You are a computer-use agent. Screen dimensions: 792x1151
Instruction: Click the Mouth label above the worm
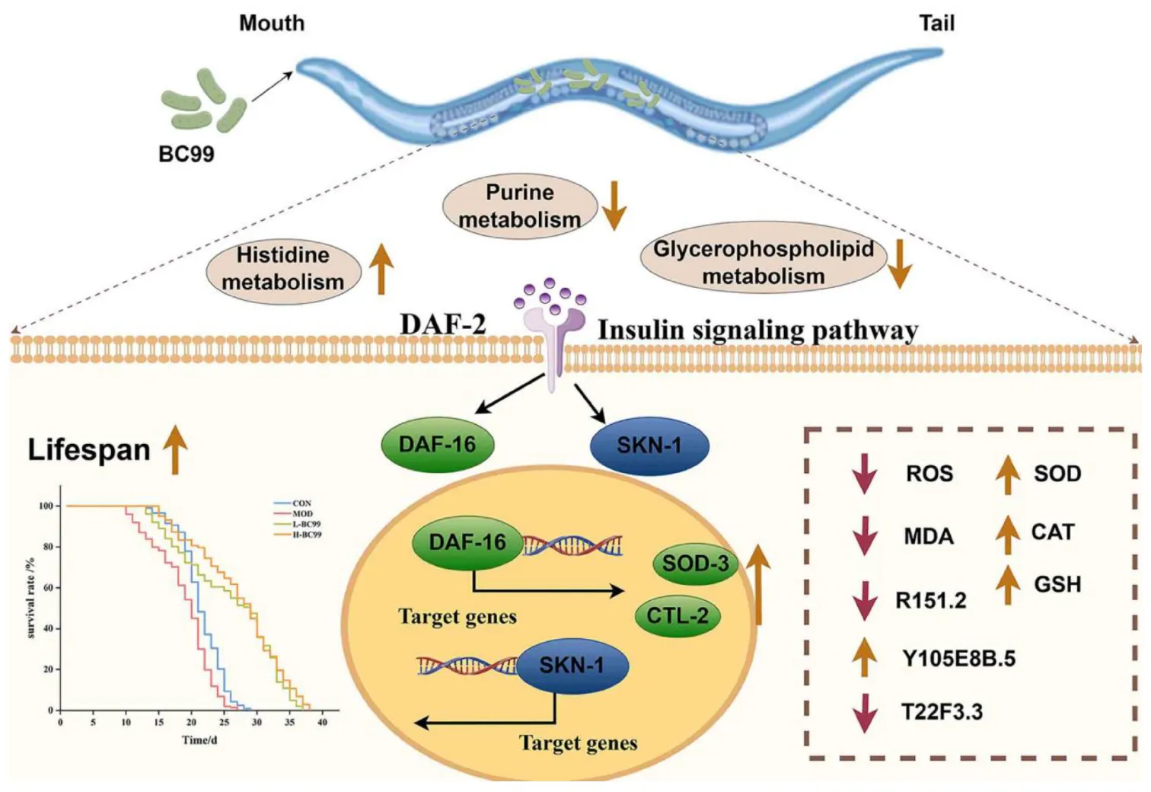272,23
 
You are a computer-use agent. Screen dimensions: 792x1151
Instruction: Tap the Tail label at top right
936,23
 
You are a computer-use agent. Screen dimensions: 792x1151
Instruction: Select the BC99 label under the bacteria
186,154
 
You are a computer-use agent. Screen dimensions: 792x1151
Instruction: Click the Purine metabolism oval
520,206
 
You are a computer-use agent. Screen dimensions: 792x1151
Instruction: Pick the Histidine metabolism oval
283,269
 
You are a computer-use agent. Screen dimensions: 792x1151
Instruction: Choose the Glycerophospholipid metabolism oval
763,263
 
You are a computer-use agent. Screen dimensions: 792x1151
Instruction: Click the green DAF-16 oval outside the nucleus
437,444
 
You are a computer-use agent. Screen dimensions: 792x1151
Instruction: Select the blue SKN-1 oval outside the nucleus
649,445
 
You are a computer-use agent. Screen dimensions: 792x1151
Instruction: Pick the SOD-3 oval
695,564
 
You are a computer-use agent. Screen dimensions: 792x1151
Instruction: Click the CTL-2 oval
678,615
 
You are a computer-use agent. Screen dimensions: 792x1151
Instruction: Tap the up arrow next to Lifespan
176,449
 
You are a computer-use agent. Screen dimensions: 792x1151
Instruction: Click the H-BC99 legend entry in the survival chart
307,535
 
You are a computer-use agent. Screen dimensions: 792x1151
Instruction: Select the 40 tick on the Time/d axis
322,722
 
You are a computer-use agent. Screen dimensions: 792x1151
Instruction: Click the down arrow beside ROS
864,474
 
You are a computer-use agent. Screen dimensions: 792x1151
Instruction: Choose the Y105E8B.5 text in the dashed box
958,658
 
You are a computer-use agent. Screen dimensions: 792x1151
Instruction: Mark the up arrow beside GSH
1008,585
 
